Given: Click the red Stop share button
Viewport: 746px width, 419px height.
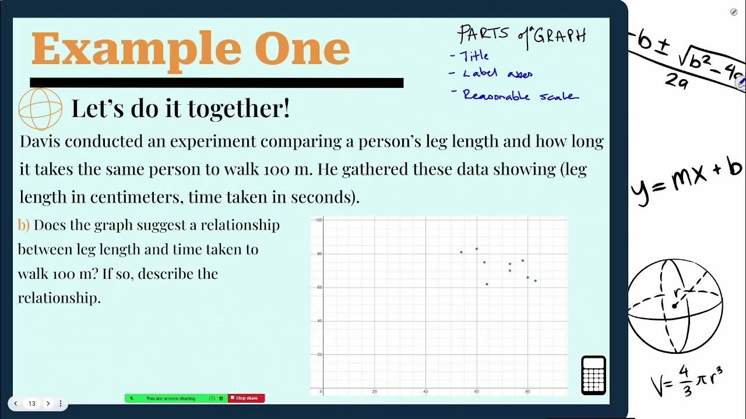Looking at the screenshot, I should pos(247,398).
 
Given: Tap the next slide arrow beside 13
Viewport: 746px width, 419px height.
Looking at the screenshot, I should pos(48,403).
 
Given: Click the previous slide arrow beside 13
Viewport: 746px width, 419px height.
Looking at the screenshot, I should pos(16,403).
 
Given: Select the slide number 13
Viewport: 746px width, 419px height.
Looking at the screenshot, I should pos(32,403).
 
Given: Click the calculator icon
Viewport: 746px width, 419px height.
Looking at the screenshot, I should pos(593,375).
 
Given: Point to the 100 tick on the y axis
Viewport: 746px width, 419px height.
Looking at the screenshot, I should pos(319,220).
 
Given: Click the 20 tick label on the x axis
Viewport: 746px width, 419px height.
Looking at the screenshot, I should pos(374,392).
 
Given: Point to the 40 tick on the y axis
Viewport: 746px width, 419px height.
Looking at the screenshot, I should pos(319,321).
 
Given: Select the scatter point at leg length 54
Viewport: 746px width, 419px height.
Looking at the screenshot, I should pos(461,252).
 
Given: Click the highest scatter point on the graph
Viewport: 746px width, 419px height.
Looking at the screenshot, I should pos(476,248).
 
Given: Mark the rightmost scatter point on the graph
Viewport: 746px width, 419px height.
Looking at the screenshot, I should pos(535,280).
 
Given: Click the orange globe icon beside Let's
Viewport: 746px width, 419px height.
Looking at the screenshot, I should pos(40,109).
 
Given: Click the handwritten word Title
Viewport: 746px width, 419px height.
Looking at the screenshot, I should pos(475,56).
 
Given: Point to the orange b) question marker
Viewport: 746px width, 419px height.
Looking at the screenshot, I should pos(23,225).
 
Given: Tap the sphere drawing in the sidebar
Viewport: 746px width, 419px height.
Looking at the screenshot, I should pos(675,305).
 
